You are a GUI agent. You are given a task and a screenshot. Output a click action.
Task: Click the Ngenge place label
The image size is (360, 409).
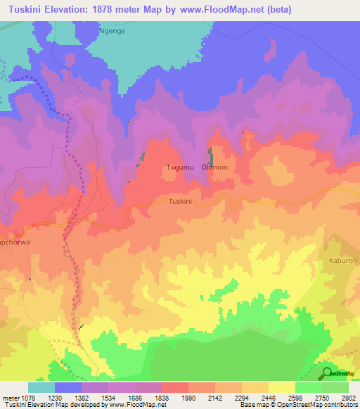(112, 31)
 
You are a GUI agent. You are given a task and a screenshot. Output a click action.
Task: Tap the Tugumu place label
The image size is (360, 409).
(179, 167)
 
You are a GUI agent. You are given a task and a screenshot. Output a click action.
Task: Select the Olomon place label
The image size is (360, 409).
(214, 167)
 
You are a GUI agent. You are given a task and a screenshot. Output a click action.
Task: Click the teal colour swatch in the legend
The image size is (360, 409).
(41, 387)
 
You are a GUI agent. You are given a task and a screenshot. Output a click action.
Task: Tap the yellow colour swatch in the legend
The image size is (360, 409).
(281, 387)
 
